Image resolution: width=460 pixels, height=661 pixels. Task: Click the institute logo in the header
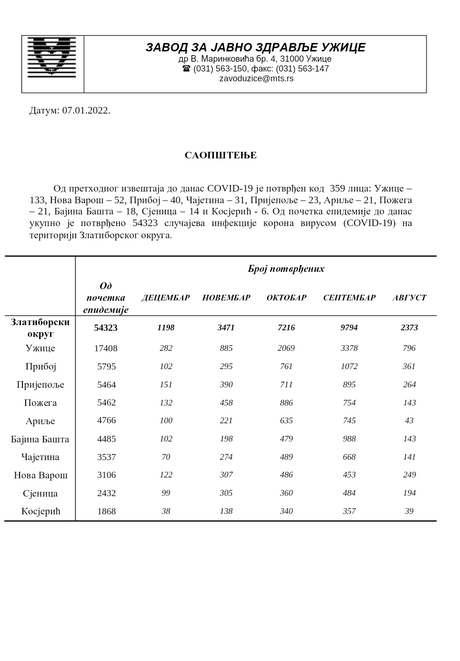[52, 57]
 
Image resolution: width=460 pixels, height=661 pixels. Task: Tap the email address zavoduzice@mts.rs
[256, 78]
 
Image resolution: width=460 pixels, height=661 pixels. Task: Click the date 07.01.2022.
[86, 111]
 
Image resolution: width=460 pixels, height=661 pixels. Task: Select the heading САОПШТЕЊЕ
[220, 156]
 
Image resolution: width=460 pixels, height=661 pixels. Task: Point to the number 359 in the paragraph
[338, 189]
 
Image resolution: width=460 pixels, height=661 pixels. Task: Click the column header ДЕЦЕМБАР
[166, 298]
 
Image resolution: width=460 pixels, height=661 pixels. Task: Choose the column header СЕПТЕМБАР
[349, 298]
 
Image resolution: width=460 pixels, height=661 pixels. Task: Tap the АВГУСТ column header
[409, 298]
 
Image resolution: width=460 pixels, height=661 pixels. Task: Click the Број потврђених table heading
[286, 269]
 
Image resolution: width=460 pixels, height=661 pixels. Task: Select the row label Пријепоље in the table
[41, 385]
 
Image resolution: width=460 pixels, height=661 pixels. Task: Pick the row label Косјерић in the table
[41, 512]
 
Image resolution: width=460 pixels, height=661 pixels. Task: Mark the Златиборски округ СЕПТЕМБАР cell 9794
[349, 328]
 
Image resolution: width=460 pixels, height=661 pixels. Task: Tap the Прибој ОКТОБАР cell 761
[286, 367]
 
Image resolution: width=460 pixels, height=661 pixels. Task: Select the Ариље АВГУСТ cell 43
[409, 421]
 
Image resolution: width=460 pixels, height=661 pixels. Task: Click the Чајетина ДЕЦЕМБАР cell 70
[166, 457]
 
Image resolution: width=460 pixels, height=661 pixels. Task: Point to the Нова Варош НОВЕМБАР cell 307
[226, 475]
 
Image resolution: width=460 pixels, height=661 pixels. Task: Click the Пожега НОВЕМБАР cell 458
[226, 403]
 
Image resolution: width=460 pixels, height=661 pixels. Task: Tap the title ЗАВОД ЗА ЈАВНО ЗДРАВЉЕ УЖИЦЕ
[255, 48]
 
